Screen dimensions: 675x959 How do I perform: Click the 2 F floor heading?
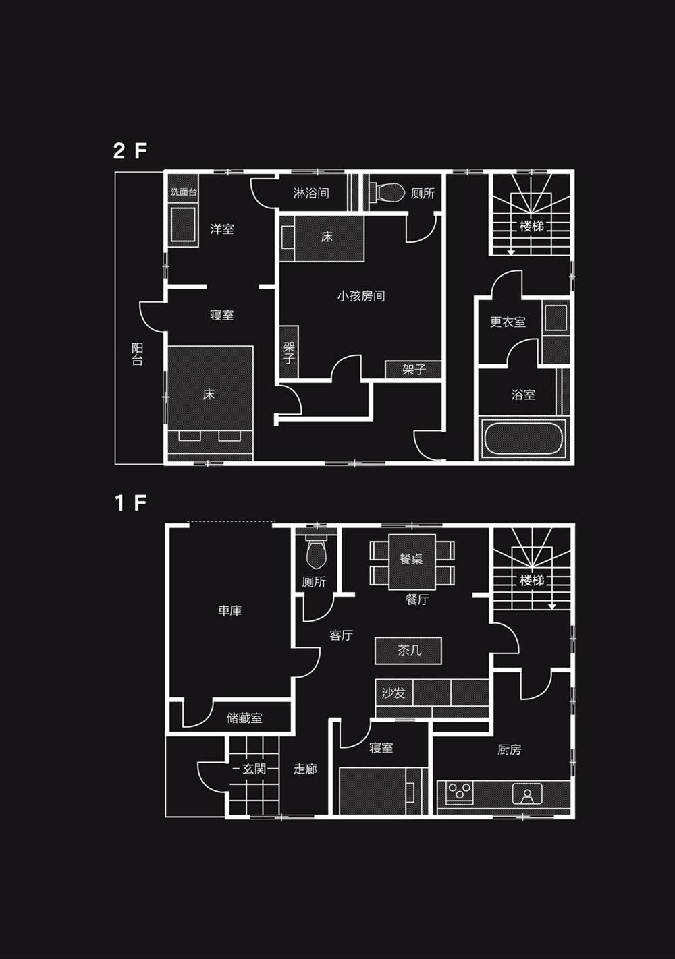coord(130,150)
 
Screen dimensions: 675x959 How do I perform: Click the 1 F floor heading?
coord(131,502)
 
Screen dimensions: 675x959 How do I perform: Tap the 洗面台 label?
coord(184,192)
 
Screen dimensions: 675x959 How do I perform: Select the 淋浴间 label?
coord(311,193)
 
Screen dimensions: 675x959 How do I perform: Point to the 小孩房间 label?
coord(361,296)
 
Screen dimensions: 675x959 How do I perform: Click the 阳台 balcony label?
coord(137,353)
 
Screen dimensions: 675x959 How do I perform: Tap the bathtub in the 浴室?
coord(523,438)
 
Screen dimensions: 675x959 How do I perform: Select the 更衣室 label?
coord(508,322)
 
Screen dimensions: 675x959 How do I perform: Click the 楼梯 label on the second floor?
coord(531,226)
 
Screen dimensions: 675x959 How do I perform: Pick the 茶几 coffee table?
coord(408,651)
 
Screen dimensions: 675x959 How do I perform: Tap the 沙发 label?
coord(394,693)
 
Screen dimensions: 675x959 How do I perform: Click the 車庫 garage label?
coord(230,610)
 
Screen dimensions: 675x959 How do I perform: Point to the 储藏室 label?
coord(244,718)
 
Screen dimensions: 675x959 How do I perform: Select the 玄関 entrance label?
coord(254,769)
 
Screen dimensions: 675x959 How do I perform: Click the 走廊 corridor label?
coord(305,769)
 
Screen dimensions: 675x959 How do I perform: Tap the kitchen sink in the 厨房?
coord(527,794)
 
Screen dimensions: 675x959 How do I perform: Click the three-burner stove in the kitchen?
coord(460,792)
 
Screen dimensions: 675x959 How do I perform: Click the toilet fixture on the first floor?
coord(317,553)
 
